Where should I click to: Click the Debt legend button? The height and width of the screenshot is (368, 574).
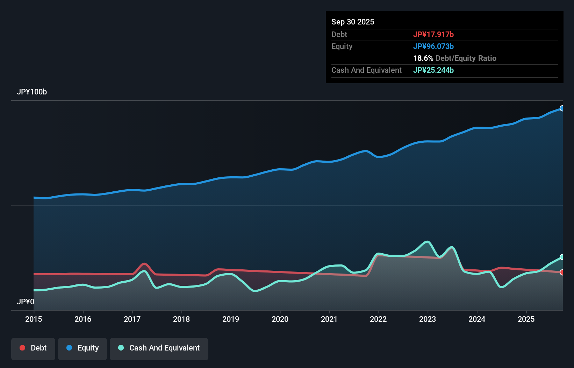[33, 348]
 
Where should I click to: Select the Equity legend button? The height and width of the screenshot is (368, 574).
[82, 348]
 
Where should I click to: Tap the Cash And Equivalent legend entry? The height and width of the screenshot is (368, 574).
[159, 348]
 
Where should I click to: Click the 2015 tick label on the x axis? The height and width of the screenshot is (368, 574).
[34, 319]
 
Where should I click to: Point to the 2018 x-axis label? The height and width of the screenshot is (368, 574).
[181, 319]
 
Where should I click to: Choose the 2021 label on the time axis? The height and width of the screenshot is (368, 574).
[329, 319]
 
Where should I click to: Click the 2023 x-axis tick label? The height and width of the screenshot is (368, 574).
[428, 319]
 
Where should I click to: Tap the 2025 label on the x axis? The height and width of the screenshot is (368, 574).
[526, 319]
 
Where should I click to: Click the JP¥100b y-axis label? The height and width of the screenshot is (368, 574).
[32, 92]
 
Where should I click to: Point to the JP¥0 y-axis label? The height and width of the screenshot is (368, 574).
[26, 302]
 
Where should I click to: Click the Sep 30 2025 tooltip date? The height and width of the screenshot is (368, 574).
[353, 22]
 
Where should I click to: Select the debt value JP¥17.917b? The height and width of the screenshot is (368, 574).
[433, 34]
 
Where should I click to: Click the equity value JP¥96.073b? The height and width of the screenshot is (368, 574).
[433, 46]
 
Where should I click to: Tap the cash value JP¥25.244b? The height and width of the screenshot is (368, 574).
[433, 70]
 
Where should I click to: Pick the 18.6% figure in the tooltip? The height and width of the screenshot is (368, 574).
[423, 58]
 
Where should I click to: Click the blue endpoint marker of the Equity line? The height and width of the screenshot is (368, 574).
[562, 108]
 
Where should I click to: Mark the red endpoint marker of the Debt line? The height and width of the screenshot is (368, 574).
[562, 272]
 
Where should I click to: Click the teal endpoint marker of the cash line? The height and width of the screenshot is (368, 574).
[562, 257]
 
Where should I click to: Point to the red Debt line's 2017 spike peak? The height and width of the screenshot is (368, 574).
[144, 264]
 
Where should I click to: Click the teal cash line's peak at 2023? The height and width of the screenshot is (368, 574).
[427, 242]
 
